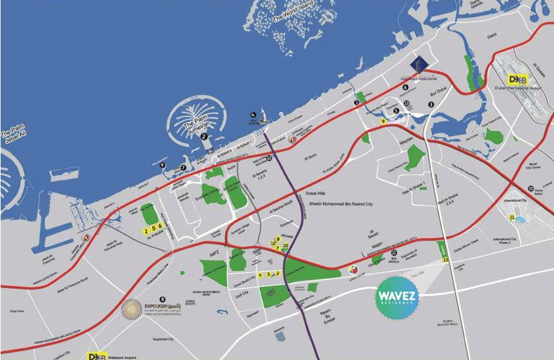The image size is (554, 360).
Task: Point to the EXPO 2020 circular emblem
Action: [132, 308]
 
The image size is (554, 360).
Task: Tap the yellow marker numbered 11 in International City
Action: [512, 218]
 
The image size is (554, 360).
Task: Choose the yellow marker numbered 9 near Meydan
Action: [383, 122]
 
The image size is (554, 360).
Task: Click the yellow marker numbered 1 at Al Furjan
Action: [146, 230]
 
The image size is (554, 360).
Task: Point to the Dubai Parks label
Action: [16, 310]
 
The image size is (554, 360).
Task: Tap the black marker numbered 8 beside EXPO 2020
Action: [163, 299]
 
